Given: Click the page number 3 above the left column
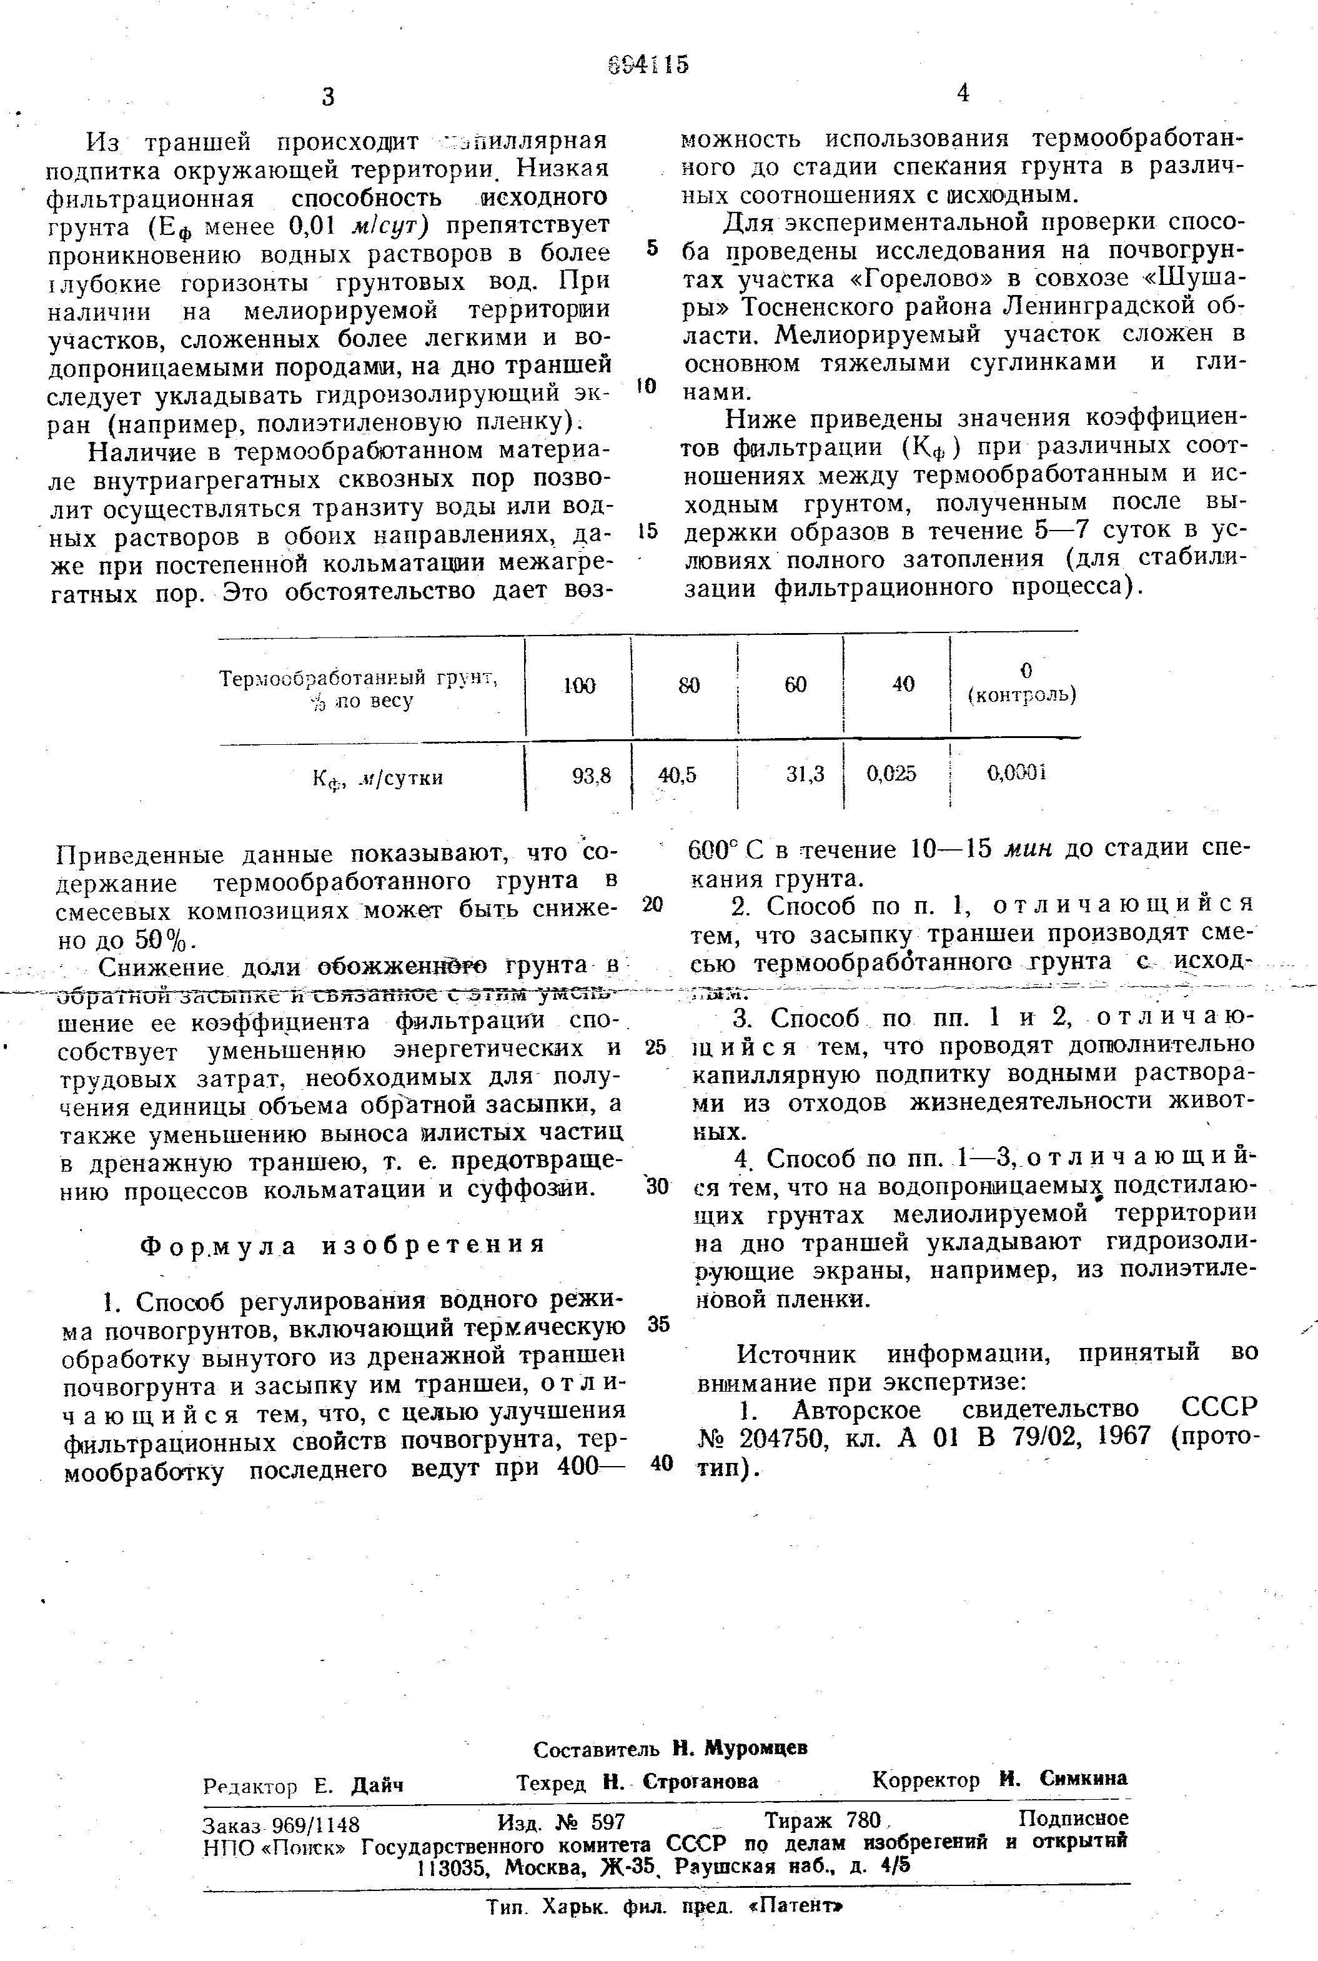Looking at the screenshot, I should pyautogui.click(x=328, y=97).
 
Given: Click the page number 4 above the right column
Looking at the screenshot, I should pyautogui.click(x=963, y=93).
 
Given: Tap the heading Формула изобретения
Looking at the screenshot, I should pyautogui.click(x=342, y=1245).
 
